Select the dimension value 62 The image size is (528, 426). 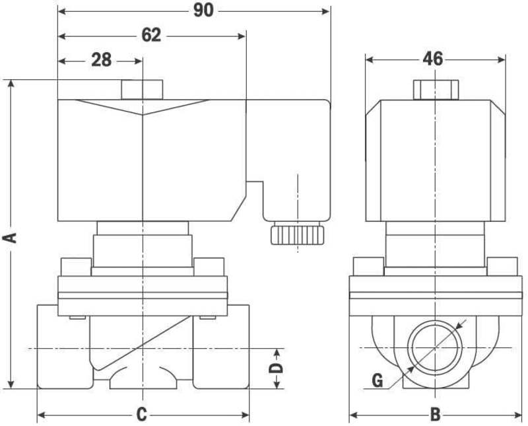tap(151, 35)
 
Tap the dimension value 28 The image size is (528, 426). tap(100, 60)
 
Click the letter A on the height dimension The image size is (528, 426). tap(11, 236)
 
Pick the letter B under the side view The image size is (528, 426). tap(435, 415)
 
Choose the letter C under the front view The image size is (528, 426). tap(141, 415)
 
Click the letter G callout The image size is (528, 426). tap(378, 380)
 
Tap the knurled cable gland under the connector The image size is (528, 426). tap(298, 234)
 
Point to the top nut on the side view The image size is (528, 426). tap(436, 89)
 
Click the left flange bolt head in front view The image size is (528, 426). tap(76, 267)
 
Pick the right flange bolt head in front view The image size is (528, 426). tap(209, 267)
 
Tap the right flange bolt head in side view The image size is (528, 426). tap(502, 267)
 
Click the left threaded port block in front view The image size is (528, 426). tap(63, 347)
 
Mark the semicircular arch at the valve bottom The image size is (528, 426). tap(143, 380)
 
